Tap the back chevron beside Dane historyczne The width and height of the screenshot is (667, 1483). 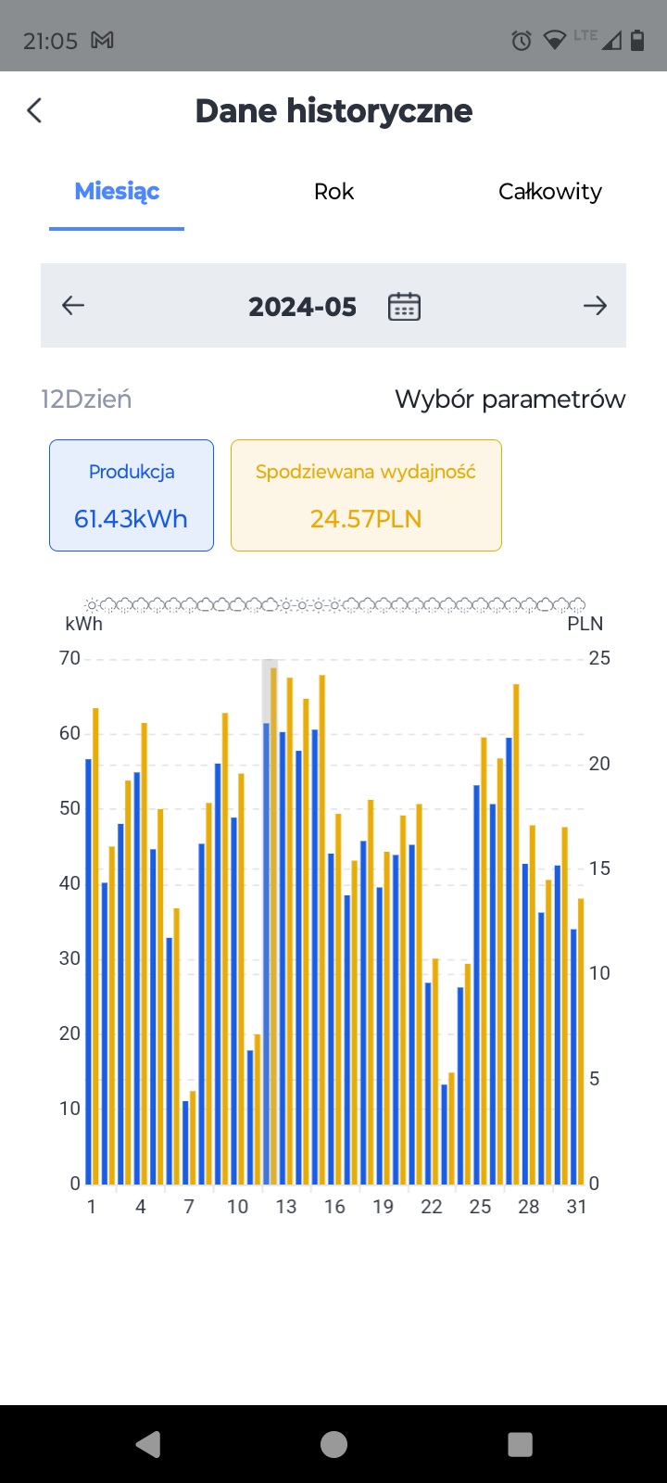coord(34,110)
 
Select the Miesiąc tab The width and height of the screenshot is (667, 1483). coord(117,191)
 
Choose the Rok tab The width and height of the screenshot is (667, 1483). coord(333,191)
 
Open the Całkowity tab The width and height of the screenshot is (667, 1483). coord(550,191)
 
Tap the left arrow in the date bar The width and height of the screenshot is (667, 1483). coord(73,305)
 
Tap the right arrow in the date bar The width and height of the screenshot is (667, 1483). coord(595,305)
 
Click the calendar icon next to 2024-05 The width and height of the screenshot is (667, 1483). coord(404,307)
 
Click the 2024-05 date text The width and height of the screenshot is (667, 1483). coord(302,307)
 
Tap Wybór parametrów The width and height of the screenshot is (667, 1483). coord(510,399)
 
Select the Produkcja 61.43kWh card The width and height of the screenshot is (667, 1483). coord(132,495)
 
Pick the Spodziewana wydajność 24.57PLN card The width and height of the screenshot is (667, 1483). coord(366,495)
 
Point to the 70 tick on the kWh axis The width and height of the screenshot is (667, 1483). coord(69,658)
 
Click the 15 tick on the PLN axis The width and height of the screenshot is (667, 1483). coord(599,868)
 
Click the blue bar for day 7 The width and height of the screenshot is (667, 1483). coord(186,1143)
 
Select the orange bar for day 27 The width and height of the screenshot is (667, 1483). coord(517,934)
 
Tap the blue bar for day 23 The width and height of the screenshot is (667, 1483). coord(445,1134)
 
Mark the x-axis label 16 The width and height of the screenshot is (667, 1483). coord(334,1207)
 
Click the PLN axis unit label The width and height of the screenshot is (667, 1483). coord(585,624)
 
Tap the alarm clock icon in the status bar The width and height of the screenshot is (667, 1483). coord(522,41)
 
